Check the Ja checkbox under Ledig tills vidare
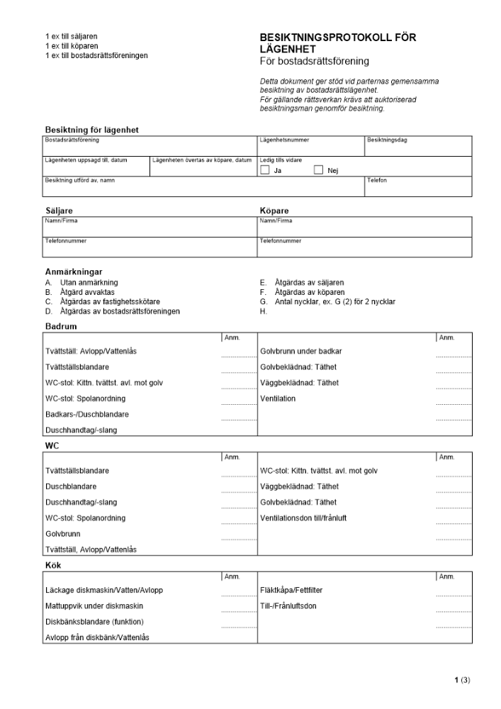tap(264, 170)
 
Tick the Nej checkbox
tap(318, 170)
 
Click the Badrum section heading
tap(61, 326)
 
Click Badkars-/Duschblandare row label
tap(86, 414)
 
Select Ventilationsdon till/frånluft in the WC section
tap(303, 518)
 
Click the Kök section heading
tap(53, 565)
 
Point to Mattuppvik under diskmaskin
tap(94, 605)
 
